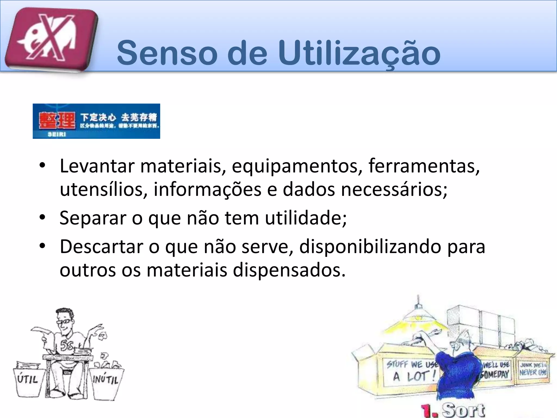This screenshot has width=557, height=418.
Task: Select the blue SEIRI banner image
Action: coord(96,121)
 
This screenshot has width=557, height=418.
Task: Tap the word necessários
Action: coord(394,190)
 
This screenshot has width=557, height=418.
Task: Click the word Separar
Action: coord(93,218)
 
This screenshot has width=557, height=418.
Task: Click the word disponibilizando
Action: coord(370,247)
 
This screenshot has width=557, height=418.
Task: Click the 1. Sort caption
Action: coord(453,410)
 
